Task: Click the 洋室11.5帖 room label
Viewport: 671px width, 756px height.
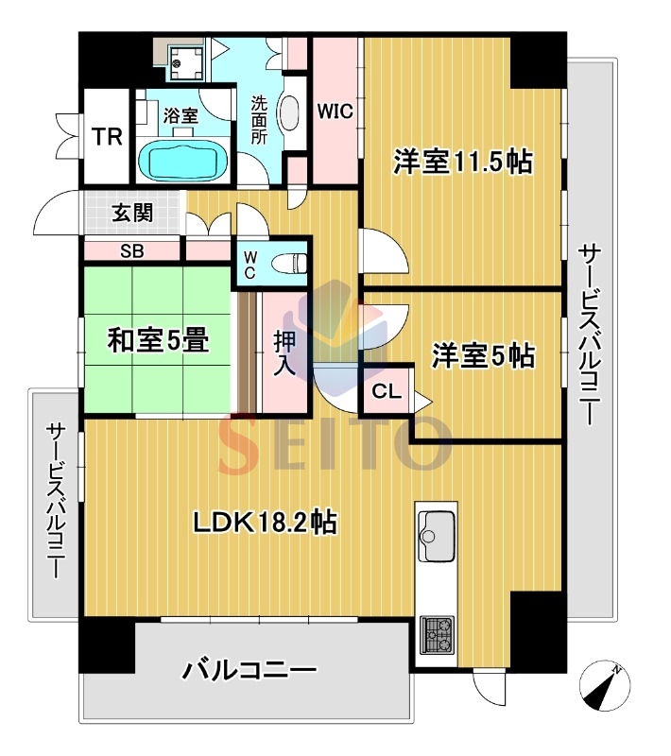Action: coord(463,162)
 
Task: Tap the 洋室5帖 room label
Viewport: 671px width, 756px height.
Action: coord(484,356)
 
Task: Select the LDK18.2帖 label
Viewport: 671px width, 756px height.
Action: coord(267,523)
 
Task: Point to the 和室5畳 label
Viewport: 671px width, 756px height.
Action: coord(158,340)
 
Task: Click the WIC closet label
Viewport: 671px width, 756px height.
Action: coord(334,111)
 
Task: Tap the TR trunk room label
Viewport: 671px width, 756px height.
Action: coord(107,137)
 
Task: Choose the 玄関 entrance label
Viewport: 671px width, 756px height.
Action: coord(132,213)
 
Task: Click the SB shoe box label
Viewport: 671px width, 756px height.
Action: coord(131,251)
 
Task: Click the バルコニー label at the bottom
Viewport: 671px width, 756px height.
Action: coord(249,672)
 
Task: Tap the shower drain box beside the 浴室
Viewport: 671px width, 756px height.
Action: coord(185,60)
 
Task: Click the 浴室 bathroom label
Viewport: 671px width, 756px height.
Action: coord(181,115)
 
